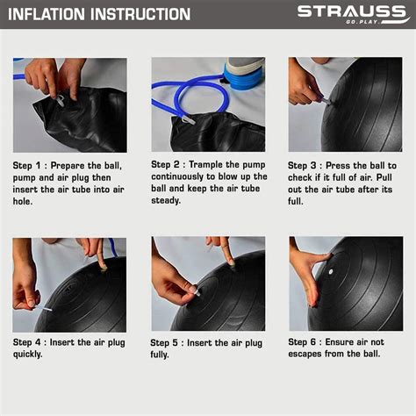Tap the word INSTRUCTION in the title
[140, 14]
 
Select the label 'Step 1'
[29, 165]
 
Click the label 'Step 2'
[168, 164]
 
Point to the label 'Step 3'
[306, 165]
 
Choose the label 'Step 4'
[29, 342]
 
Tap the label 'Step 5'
[168, 342]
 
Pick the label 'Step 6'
[306, 342]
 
